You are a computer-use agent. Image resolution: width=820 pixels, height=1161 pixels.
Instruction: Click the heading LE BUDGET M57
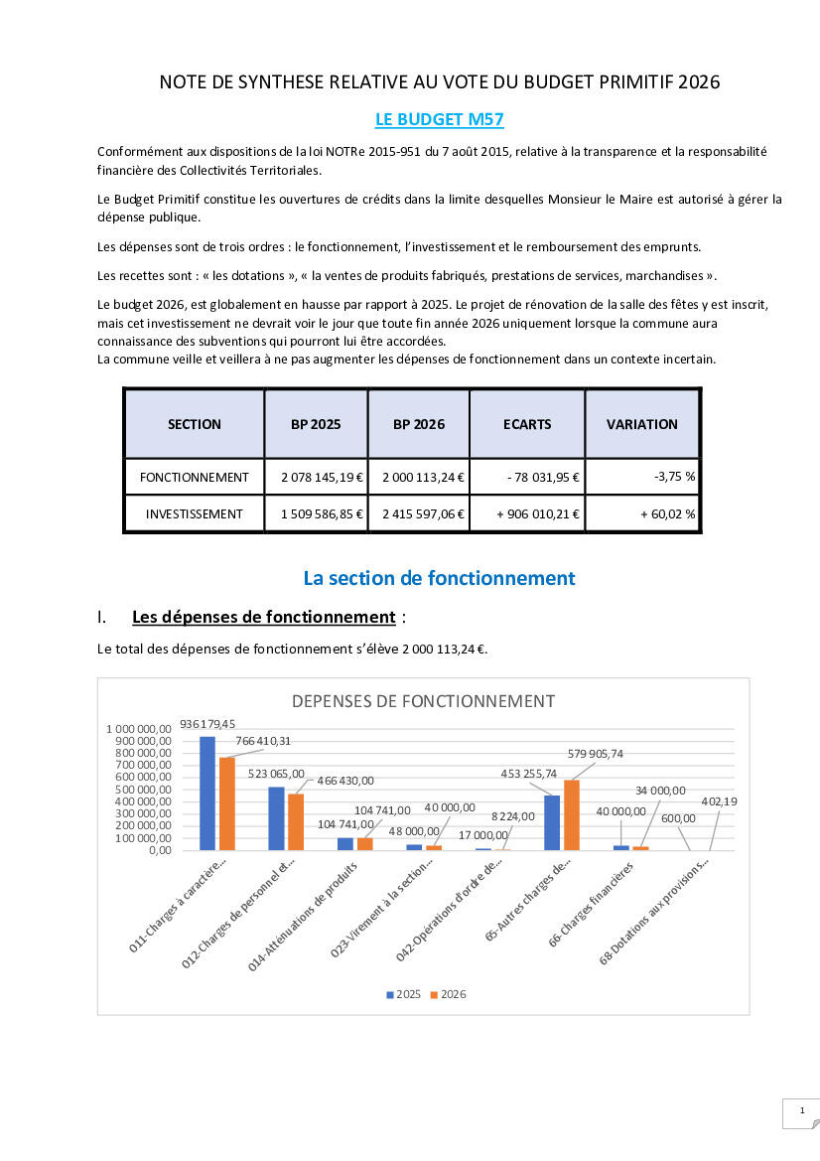[x=439, y=120]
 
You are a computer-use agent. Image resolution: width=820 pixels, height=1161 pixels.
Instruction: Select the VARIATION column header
[x=642, y=424]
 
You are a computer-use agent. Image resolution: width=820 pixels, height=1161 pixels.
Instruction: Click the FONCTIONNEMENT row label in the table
[x=195, y=477]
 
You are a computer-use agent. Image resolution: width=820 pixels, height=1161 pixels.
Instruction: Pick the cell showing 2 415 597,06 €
[x=418, y=514]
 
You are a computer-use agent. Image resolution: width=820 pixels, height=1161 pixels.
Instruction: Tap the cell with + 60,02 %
[x=642, y=514]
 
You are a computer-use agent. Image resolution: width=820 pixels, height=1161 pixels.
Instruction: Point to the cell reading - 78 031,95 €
[x=527, y=477]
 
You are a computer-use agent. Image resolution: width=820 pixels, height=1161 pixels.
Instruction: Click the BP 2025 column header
[x=316, y=424]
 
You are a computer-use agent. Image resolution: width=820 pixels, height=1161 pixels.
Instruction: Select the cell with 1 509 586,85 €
[x=316, y=514]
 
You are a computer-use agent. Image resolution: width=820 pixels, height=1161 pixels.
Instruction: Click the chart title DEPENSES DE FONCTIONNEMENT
[x=423, y=701]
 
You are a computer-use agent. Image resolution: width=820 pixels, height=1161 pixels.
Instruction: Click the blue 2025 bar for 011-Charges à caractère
[x=207, y=793]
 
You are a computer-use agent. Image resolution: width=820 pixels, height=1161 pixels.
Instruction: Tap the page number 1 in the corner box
[x=801, y=1113]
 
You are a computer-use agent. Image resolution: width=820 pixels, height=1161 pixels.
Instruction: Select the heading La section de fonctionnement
[x=439, y=577]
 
